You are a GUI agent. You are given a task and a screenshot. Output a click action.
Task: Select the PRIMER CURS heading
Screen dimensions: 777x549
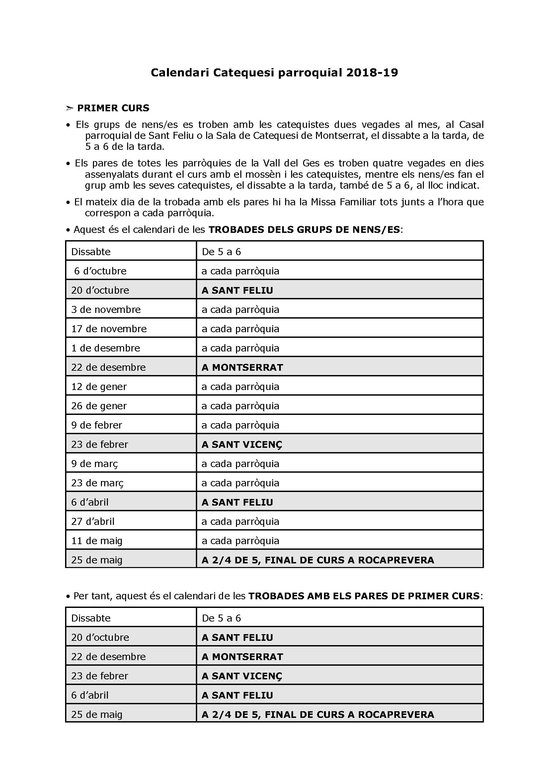[113, 108]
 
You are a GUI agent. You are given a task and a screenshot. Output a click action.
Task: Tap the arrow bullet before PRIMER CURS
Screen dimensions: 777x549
[69, 108]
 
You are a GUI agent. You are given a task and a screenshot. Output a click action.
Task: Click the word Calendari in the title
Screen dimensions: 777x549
[180, 72]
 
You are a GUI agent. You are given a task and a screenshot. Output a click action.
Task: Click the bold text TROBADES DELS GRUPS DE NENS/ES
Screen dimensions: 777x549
[304, 230]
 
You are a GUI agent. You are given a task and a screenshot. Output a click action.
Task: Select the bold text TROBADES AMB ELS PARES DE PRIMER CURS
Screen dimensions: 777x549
[364, 596]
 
